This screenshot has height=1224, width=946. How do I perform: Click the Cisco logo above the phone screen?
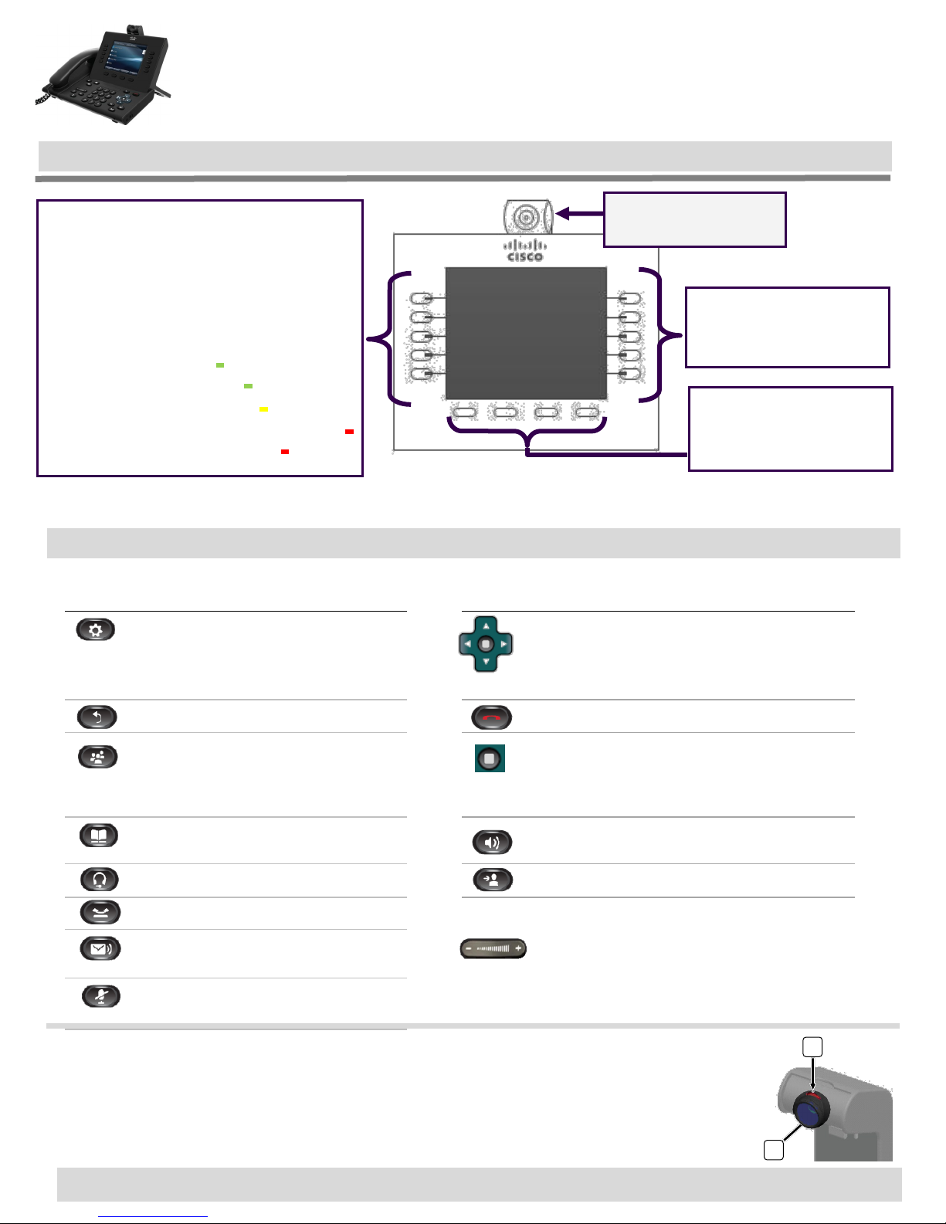click(x=525, y=251)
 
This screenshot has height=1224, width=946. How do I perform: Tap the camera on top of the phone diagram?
click(x=527, y=217)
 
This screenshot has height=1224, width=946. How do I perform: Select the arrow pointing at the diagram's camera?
click(x=579, y=213)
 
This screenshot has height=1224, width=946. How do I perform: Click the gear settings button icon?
click(x=96, y=629)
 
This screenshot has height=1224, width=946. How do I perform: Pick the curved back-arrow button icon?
click(x=97, y=717)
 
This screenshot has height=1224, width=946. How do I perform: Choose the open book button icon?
click(x=99, y=836)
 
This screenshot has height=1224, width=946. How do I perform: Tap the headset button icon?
click(x=100, y=880)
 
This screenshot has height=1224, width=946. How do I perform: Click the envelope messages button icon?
click(x=100, y=948)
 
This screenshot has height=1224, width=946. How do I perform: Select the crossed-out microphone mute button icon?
click(x=101, y=996)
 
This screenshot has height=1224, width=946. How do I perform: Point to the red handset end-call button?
click(x=492, y=717)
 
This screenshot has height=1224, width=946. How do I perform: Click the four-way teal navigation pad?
click(x=486, y=644)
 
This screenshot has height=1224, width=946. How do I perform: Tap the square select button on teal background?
click(x=490, y=758)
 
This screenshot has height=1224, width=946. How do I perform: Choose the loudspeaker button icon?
click(x=492, y=842)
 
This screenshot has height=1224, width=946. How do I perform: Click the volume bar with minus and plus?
click(x=493, y=948)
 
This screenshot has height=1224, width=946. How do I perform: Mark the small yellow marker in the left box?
click(x=263, y=409)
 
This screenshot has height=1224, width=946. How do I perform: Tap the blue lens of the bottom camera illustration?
click(x=809, y=1113)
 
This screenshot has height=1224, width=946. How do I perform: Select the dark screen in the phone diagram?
click(x=526, y=334)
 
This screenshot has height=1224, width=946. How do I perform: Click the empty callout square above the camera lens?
click(x=812, y=1047)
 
